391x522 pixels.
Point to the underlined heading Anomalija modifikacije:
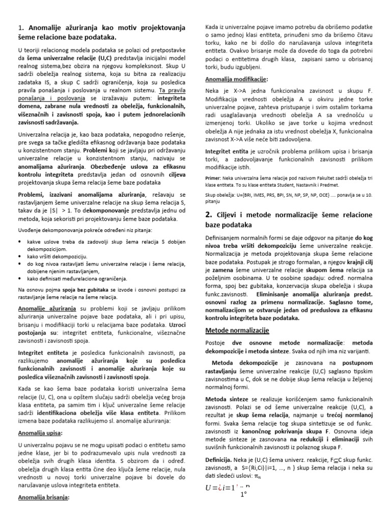tap(236, 80)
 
